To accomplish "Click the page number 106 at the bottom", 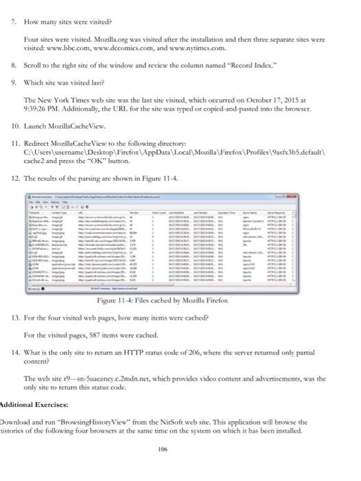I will pos(180,467).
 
